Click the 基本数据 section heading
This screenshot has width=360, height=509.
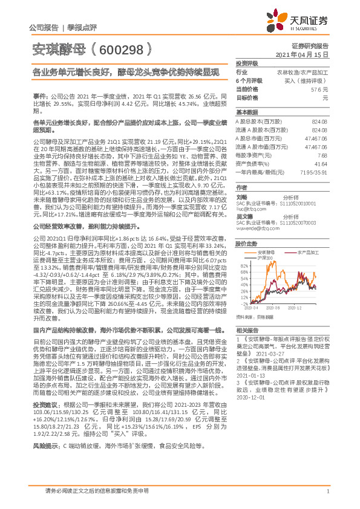pos(247,112)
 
